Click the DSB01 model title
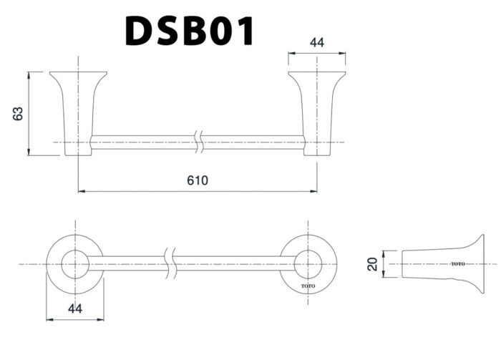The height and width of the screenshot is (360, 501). [x=189, y=30]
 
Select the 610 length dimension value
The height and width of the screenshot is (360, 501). [x=198, y=180]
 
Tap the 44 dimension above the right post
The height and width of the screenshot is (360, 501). [x=317, y=43]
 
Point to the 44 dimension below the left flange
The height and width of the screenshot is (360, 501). [x=74, y=308]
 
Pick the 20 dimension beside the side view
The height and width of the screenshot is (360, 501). [x=371, y=264]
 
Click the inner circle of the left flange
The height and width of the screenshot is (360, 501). [x=74, y=264]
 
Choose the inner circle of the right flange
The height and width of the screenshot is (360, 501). [x=308, y=264]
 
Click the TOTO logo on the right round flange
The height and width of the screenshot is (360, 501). [x=308, y=285]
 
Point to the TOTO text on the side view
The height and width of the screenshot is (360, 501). [x=458, y=264]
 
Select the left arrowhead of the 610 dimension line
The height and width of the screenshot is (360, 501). [x=80, y=191]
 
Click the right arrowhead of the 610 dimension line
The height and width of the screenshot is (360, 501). [x=314, y=191]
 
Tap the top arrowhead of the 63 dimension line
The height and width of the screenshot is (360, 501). [x=29, y=74]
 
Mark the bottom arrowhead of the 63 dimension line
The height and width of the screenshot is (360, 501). [x=29, y=152]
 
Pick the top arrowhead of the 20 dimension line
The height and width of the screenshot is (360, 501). [x=384, y=252]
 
